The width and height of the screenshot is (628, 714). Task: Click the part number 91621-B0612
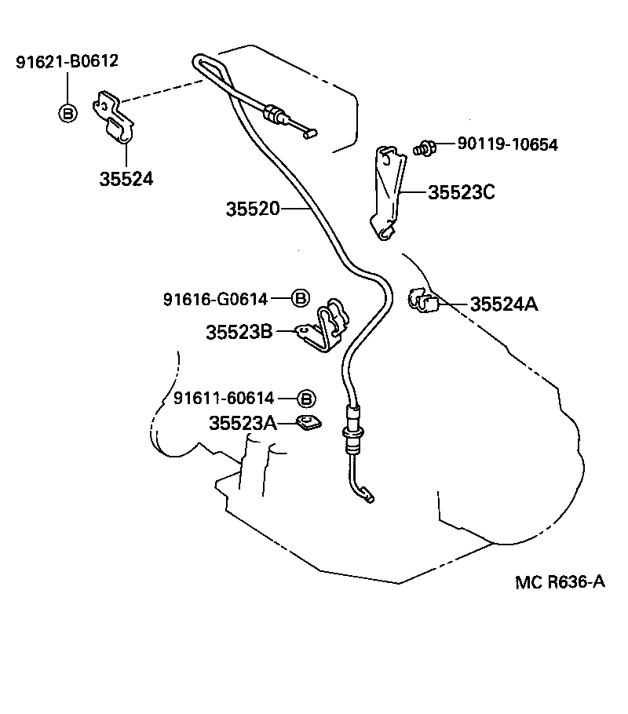tap(67, 61)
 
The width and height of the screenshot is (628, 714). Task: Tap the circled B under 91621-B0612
tap(68, 113)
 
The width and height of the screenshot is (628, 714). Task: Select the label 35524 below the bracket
tap(126, 179)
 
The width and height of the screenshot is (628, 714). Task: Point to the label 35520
tap(252, 209)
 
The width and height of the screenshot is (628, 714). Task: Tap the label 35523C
tap(462, 192)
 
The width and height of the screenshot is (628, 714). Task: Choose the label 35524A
tap(503, 304)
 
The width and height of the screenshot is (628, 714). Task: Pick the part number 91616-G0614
tap(216, 298)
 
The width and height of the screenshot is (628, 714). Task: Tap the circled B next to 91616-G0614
tap(300, 298)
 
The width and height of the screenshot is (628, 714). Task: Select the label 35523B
tap(239, 332)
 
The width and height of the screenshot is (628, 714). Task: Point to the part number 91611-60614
tap(226, 399)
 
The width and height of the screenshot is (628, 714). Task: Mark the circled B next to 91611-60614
tap(307, 399)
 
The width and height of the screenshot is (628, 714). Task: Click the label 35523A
tap(243, 424)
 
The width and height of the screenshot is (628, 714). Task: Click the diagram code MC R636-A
tap(560, 581)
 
